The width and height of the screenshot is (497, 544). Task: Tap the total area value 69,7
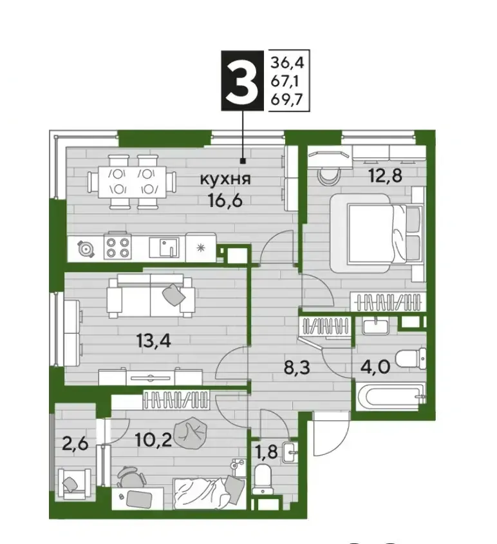287,99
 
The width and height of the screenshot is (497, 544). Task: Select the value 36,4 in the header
287,63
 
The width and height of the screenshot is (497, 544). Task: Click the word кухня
225,179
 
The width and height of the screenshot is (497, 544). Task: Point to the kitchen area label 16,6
225,200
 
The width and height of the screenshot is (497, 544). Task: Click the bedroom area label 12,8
386,175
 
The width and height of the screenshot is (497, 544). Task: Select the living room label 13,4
154,342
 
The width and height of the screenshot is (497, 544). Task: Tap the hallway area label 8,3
297,367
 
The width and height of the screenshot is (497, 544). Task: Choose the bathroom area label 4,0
375,367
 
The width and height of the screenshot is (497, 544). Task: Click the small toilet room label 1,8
266,452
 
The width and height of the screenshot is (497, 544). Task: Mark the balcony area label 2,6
75,443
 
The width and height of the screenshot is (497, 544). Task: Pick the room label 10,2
153,441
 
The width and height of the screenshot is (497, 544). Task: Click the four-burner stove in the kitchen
118,248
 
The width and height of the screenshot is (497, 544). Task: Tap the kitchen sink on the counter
164,247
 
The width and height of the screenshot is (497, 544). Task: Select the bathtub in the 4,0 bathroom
391,396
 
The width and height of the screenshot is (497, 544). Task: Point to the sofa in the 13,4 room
150,296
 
